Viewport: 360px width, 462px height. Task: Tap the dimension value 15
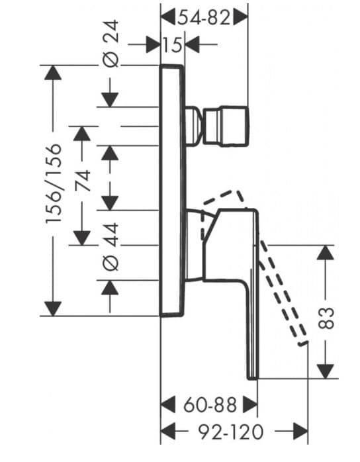pyautogui.click(x=173, y=45)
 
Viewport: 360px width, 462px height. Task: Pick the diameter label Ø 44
pyautogui.click(x=111, y=245)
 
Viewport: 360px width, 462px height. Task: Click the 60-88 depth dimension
pyautogui.click(x=209, y=404)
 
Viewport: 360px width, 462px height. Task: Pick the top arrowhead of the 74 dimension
pyautogui.click(x=82, y=133)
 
